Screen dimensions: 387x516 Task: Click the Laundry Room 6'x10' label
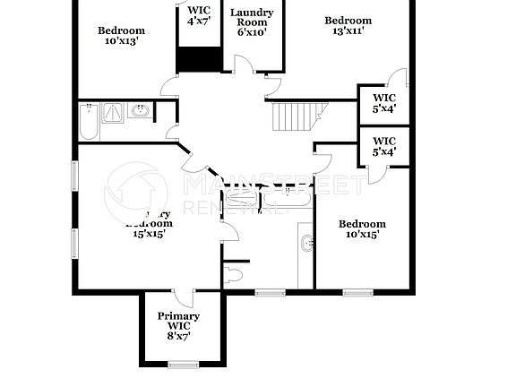[x=252, y=22]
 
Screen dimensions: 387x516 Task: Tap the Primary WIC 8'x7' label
[x=178, y=326]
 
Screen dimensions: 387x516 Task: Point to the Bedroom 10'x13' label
[x=121, y=36]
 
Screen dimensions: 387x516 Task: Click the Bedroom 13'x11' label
[x=348, y=26]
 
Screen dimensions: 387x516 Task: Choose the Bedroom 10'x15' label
[x=362, y=229]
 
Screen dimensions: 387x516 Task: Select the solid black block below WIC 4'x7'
[x=199, y=59]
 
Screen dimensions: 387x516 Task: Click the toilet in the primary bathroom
[x=235, y=271]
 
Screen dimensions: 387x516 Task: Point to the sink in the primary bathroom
[x=306, y=242]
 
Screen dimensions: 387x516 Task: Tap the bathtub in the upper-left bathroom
[x=88, y=123]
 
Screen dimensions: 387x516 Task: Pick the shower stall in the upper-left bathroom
[x=114, y=113]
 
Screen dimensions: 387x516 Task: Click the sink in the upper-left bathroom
[x=140, y=111]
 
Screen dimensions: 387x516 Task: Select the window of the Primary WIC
[x=183, y=364]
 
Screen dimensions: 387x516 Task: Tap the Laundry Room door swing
[x=242, y=64]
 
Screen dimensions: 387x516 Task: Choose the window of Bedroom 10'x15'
[x=357, y=292]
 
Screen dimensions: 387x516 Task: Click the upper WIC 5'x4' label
[x=384, y=103]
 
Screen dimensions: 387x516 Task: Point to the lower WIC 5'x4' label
[x=384, y=146]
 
